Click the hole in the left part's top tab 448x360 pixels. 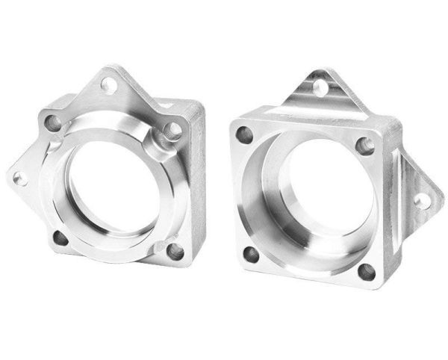pyautogui.click(x=108, y=84)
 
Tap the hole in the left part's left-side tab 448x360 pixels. pyautogui.click(x=20, y=178)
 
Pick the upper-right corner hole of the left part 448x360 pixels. pyautogui.click(x=172, y=130)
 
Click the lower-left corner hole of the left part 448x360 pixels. pyautogui.click(x=60, y=238)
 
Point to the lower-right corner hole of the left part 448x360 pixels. pyautogui.click(x=175, y=250)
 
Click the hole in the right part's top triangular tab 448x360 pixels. pyautogui.click(x=320, y=88)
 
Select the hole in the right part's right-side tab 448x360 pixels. pyautogui.click(x=422, y=199)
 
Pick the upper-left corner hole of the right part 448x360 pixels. pyautogui.click(x=244, y=134)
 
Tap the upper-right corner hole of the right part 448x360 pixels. pyautogui.click(x=365, y=145)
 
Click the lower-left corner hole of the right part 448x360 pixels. pyautogui.click(x=251, y=255)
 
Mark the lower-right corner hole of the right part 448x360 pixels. pyautogui.click(x=366, y=271)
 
